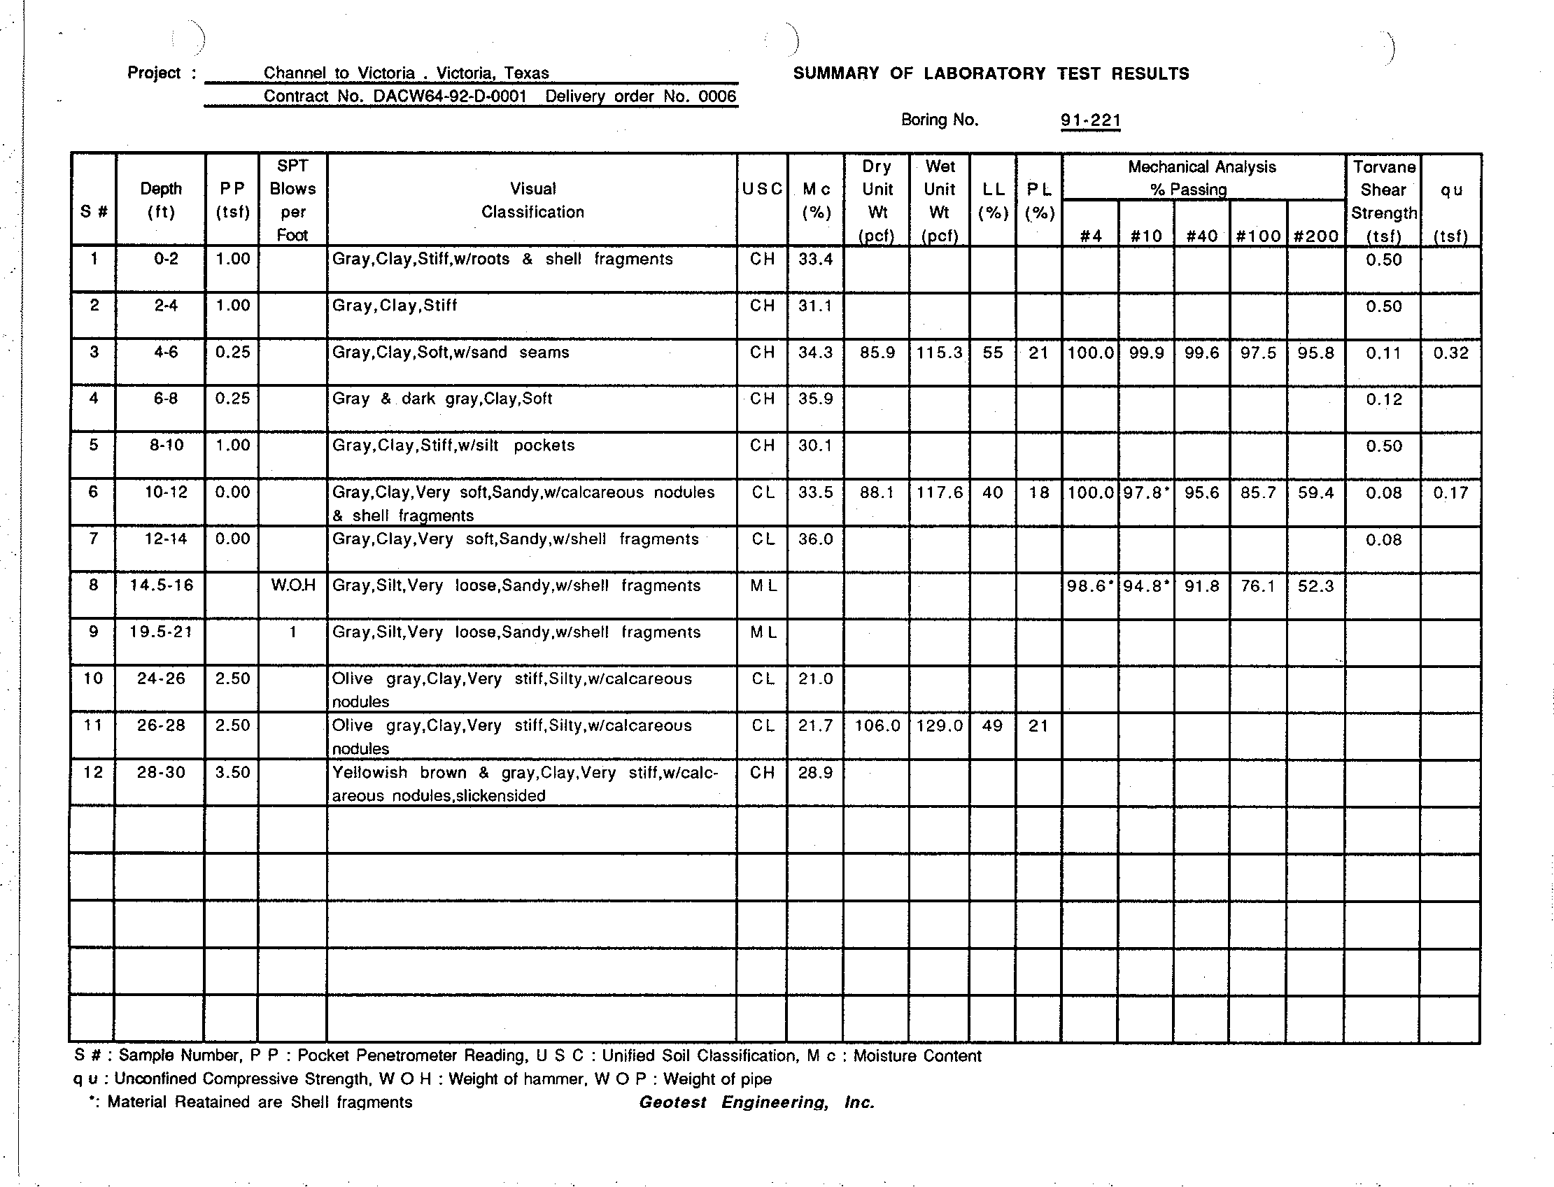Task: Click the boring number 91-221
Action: (x=1090, y=120)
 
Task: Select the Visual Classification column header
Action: (x=532, y=200)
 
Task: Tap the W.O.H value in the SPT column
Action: (x=292, y=585)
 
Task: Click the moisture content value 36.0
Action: (x=815, y=539)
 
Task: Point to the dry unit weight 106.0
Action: (x=877, y=725)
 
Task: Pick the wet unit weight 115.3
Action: (x=939, y=353)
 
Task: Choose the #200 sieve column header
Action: (x=1315, y=236)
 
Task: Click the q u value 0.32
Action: (x=1450, y=353)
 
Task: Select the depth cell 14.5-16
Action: (x=161, y=585)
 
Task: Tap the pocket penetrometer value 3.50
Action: (x=232, y=772)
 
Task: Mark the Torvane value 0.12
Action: (x=1383, y=399)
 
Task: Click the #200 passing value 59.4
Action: (x=1315, y=492)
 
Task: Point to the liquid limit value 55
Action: (x=992, y=353)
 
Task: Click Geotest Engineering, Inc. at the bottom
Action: (x=757, y=1102)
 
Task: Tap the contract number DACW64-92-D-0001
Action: (x=449, y=97)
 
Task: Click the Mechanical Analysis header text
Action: (x=1201, y=167)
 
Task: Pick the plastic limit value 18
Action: (x=1038, y=492)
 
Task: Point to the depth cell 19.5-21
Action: (x=161, y=632)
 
